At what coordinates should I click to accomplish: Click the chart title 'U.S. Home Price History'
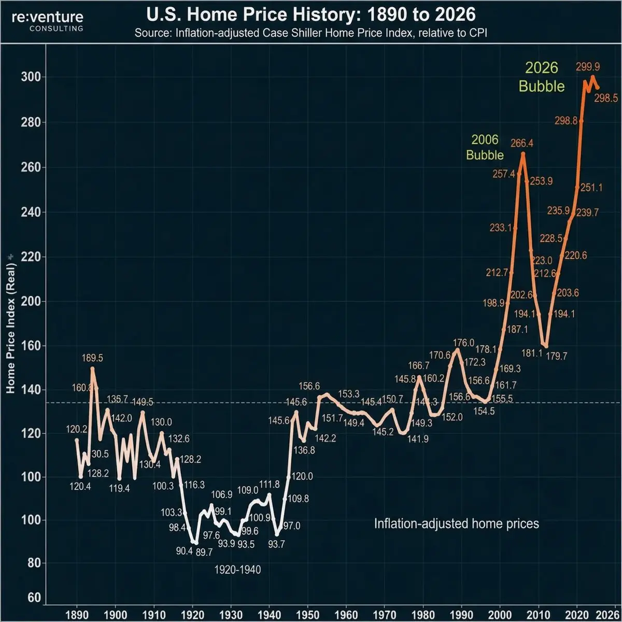(311, 14)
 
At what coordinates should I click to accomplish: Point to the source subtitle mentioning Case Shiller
(311, 33)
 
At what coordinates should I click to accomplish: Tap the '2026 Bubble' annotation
(542, 77)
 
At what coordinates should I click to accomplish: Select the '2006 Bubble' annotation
(485, 147)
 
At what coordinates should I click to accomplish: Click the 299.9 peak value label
(588, 67)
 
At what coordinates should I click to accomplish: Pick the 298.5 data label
(605, 98)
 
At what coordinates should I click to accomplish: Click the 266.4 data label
(522, 143)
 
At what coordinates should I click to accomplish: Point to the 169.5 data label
(92, 358)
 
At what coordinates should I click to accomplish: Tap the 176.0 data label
(463, 343)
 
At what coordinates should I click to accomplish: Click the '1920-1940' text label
(237, 570)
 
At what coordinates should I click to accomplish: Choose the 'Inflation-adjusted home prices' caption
(457, 524)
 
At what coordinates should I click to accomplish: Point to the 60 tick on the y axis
(34, 598)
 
